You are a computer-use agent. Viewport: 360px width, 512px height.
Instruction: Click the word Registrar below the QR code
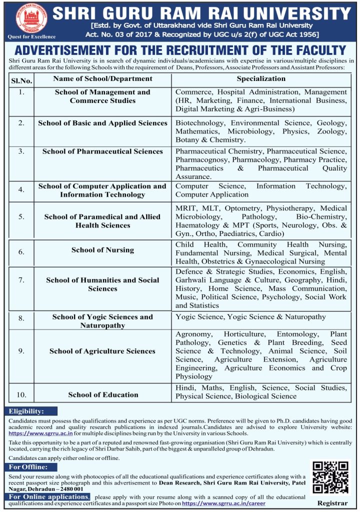(332, 502)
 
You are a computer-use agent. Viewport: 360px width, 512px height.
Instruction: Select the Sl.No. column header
(21, 80)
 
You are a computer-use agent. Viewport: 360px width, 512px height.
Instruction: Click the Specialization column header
(261, 78)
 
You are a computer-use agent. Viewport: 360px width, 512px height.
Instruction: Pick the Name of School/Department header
(102, 78)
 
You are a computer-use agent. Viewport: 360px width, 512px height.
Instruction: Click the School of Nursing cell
(102, 250)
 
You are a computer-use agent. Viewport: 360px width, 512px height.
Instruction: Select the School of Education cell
(103, 394)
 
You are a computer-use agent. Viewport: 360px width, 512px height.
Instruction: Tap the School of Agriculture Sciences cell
(102, 351)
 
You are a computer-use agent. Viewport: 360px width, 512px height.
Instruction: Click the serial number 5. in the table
(21, 216)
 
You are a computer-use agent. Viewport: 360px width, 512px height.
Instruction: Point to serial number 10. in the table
(21, 395)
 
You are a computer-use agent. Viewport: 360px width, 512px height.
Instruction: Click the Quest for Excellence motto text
(25, 37)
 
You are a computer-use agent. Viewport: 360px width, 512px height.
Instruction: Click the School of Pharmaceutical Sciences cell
(102, 151)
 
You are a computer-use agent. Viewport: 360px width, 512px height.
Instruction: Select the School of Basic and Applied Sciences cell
(102, 123)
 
